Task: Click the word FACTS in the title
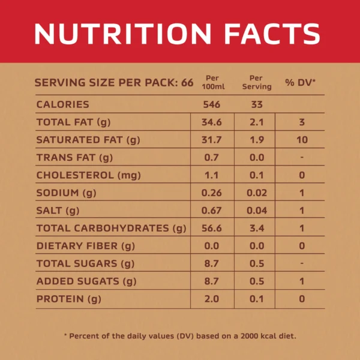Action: pos(272,34)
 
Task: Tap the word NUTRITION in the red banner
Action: pos(123,34)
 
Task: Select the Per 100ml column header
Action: pos(213,82)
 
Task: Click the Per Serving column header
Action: pos(257,82)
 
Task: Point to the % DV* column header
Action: pos(301,82)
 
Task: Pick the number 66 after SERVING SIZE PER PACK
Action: pos(187,83)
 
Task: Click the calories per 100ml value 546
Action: pos(212,104)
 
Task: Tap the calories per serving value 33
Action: pos(257,104)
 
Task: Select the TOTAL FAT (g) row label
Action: pos(73,122)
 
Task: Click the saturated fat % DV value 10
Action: pos(302,140)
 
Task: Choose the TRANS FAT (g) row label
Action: pos(74,158)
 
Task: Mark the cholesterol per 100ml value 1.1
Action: pos(211,175)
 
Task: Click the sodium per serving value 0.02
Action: pos(257,193)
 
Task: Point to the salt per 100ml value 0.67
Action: pos(211,211)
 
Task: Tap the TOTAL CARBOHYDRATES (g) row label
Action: pos(112,229)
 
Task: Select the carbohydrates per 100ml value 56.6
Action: pos(212,228)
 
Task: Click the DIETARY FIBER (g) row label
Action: pos(86,246)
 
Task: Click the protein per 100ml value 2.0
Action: pos(211,299)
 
